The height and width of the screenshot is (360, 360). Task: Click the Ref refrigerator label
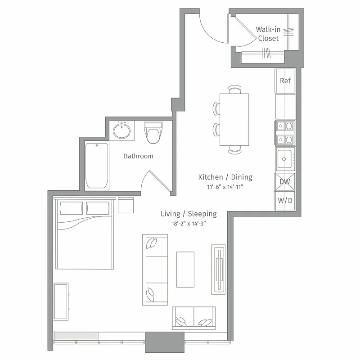tap(285, 81)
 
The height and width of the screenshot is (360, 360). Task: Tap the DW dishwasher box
tap(285, 182)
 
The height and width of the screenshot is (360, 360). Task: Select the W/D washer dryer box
tap(285, 200)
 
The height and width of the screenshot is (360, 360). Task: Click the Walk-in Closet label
tap(268, 34)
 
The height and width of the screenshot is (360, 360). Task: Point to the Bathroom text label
tap(139, 156)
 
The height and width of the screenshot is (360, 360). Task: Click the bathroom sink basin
tap(121, 131)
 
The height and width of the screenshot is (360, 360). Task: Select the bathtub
tap(97, 166)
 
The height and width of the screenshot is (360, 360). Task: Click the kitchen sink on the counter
tap(285, 158)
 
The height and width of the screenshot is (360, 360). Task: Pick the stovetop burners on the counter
tap(285, 133)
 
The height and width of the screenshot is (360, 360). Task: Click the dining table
tap(234, 119)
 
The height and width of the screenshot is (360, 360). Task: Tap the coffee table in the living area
tap(185, 269)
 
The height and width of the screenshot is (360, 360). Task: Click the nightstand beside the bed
tap(126, 205)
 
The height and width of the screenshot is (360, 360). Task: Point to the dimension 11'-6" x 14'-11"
tap(225, 186)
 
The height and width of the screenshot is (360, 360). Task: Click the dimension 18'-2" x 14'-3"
tap(189, 223)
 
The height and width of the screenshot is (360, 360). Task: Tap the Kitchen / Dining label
tap(225, 177)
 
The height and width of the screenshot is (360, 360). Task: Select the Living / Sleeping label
tap(189, 214)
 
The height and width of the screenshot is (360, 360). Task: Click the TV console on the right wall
tap(218, 269)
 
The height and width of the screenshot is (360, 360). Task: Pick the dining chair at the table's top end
tap(234, 89)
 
